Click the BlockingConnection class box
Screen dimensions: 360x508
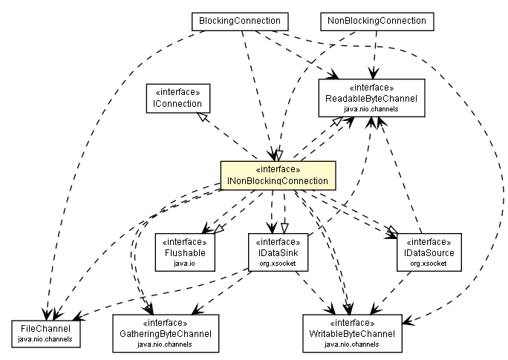point(240,22)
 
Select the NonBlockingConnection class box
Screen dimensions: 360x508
point(377,22)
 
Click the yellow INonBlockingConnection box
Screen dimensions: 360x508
point(277,175)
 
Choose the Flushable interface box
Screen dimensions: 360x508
point(185,248)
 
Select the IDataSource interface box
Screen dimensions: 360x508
point(429,248)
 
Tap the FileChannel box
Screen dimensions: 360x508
point(46,333)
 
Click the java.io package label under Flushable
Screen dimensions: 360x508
point(185,263)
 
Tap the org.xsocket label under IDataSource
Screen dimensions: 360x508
point(429,263)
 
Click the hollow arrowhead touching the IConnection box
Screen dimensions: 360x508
point(200,117)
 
